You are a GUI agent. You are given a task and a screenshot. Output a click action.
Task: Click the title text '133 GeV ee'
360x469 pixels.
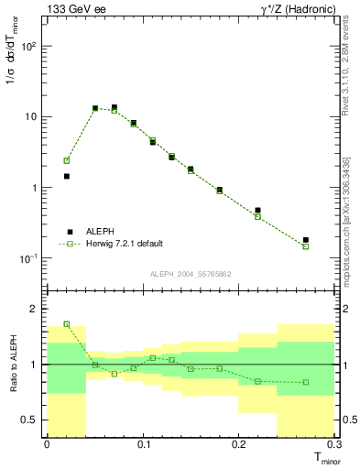[x=72, y=8]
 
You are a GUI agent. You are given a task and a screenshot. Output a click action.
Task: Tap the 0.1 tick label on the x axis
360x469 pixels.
[x=143, y=444]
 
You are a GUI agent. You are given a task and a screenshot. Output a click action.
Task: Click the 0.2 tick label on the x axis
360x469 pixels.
[x=239, y=444]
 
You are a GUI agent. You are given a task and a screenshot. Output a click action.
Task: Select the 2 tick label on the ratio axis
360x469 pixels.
[x=37, y=310]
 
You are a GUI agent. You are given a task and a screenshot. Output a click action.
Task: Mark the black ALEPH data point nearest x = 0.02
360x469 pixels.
[x=66, y=176]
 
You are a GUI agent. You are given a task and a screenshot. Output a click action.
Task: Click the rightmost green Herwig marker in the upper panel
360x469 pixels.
[x=306, y=246]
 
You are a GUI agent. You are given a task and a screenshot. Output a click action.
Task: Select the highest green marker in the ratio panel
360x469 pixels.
[x=66, y=323]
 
